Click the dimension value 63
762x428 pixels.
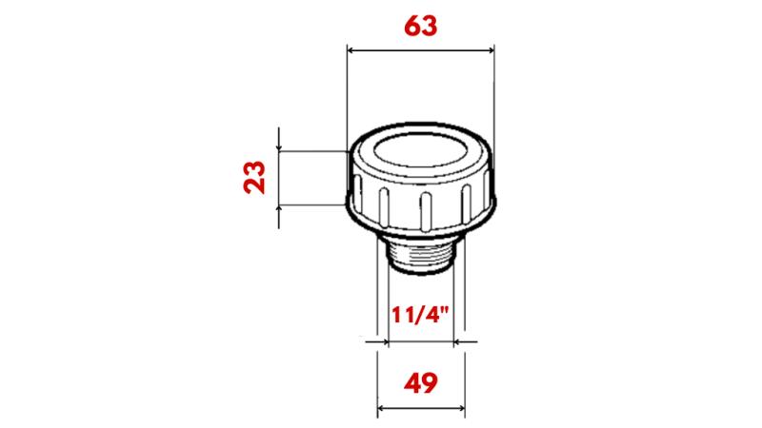[420, 25]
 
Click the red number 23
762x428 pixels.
[254, 177]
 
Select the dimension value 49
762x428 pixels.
[420, 383]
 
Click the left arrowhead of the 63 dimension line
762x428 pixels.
[351, 49]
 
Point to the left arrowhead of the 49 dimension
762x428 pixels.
[384, 410]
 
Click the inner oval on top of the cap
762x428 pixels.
[420, 152]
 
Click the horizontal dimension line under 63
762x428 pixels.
[420, 49]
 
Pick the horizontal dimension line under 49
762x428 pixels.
[421, 410]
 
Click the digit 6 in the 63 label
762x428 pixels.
[411, 25]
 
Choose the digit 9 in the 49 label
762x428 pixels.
[431, 383]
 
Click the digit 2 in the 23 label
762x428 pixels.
[254, 186]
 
